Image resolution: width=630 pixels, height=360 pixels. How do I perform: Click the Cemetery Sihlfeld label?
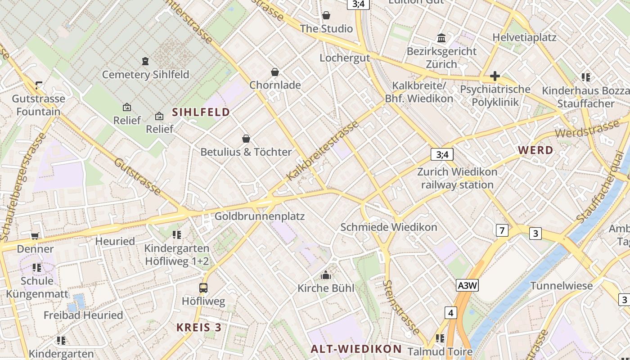[145, 74]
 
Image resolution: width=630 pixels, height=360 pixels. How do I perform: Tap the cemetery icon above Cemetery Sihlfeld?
[145, 61]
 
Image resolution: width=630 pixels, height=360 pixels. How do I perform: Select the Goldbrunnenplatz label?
[260, 216]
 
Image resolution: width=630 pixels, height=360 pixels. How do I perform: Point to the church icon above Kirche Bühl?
[326, 275]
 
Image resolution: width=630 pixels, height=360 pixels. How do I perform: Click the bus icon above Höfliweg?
[203, 288]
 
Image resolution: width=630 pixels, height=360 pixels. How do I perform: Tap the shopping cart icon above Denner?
[35, 236]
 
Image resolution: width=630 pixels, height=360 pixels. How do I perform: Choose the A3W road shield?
[467, 285]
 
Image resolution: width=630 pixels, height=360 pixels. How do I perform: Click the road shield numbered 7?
[502, 231]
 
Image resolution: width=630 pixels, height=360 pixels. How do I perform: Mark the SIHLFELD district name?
[201, 112]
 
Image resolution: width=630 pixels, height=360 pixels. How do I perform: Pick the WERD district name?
[535, 150]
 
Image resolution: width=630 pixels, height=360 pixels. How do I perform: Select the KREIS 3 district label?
[199, 327]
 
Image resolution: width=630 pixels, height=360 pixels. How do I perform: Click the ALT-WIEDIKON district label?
[356, 349]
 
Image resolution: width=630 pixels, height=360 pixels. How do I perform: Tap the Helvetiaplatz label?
[525, 37]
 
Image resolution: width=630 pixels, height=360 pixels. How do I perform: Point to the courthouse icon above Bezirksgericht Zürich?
[441, 38]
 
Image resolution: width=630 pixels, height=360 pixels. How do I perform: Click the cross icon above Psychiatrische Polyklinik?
[495, 76]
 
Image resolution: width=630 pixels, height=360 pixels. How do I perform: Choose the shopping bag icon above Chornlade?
[275, 72]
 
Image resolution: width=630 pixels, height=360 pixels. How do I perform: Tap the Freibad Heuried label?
[83, 315]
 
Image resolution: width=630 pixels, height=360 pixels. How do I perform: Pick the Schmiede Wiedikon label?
[389, 227]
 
